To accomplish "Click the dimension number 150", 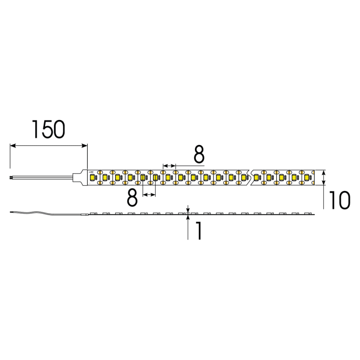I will coord(48,129).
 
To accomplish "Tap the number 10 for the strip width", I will coord(338,201).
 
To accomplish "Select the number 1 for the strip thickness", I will coord(198,231).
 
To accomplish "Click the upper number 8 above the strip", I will coord(198,154).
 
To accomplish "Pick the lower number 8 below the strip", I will coord(132,198).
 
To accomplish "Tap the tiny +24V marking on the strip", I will coord(91,172).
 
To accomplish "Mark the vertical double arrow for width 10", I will coord(324,177).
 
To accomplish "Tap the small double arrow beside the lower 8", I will coord(149,195).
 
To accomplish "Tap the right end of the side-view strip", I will coord(313,214).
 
